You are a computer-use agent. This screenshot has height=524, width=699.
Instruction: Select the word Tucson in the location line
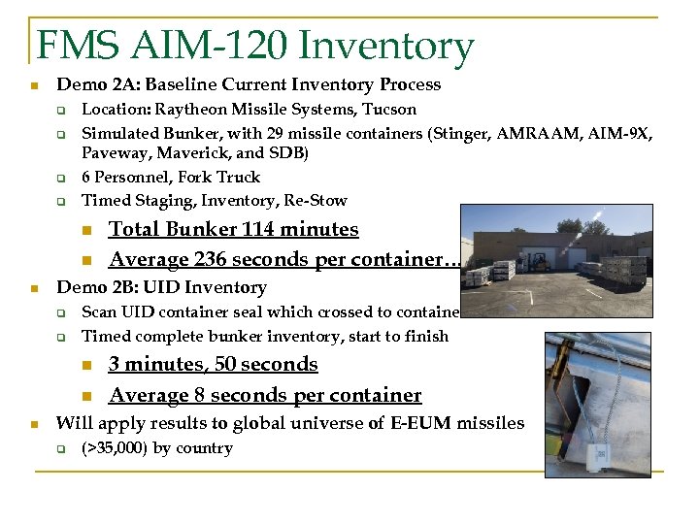[x=388, y=110]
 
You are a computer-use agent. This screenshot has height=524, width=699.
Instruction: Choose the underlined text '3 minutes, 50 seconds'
[x=214, y=365]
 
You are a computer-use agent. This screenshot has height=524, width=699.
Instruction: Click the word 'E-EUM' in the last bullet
[x=419, y=423]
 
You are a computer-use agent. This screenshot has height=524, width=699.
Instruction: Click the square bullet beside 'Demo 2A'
[x=34, y=85]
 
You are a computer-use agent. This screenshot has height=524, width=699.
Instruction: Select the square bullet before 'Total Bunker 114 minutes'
[x=87, y=230]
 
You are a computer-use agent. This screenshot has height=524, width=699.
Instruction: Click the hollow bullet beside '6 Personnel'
[x=59, y=178]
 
